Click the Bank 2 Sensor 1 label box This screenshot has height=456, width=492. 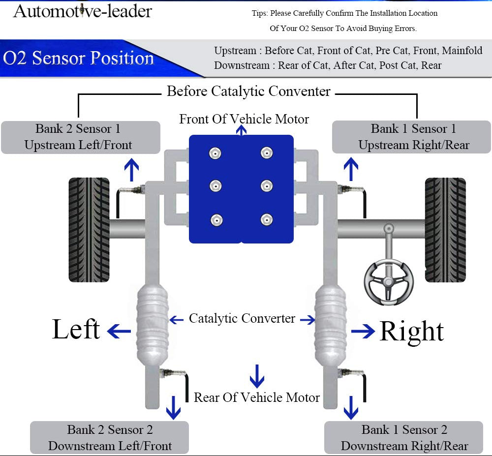click(x=81, y=137)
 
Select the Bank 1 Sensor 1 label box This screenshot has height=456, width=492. click(x=412, y=137)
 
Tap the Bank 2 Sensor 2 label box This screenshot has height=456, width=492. click(x=109, y=437)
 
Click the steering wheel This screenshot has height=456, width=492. click(x=389, y=281)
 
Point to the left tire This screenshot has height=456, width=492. click(x=89, y=229)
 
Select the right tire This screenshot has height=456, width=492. click(x=445, y=229)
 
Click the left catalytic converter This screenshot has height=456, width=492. click(x=153, y=325)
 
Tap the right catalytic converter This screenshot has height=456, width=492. click(x=330, y=325)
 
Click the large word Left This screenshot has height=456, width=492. click(x=76, y=330)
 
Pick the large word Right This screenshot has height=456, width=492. click(x=412, y=331)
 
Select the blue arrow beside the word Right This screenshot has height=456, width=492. click(x=363, y=332)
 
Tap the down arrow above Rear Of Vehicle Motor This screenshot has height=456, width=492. click(x=257, y=376)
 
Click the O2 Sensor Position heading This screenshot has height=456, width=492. click(x=79, y=59)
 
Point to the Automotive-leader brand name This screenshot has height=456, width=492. click(x=82, y=11)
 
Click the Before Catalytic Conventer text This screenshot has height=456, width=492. click(x=248, y=91)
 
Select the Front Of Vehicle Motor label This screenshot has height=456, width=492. click(x=244, y=119)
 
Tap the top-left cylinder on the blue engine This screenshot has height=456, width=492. click(x=215, y=153)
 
